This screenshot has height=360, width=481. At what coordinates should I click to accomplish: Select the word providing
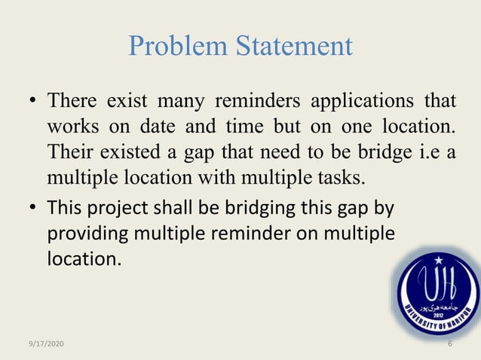pyautogui.click(x=83, y=234)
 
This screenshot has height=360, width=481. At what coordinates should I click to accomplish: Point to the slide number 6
pyautogui.click(x=449, y=343)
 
